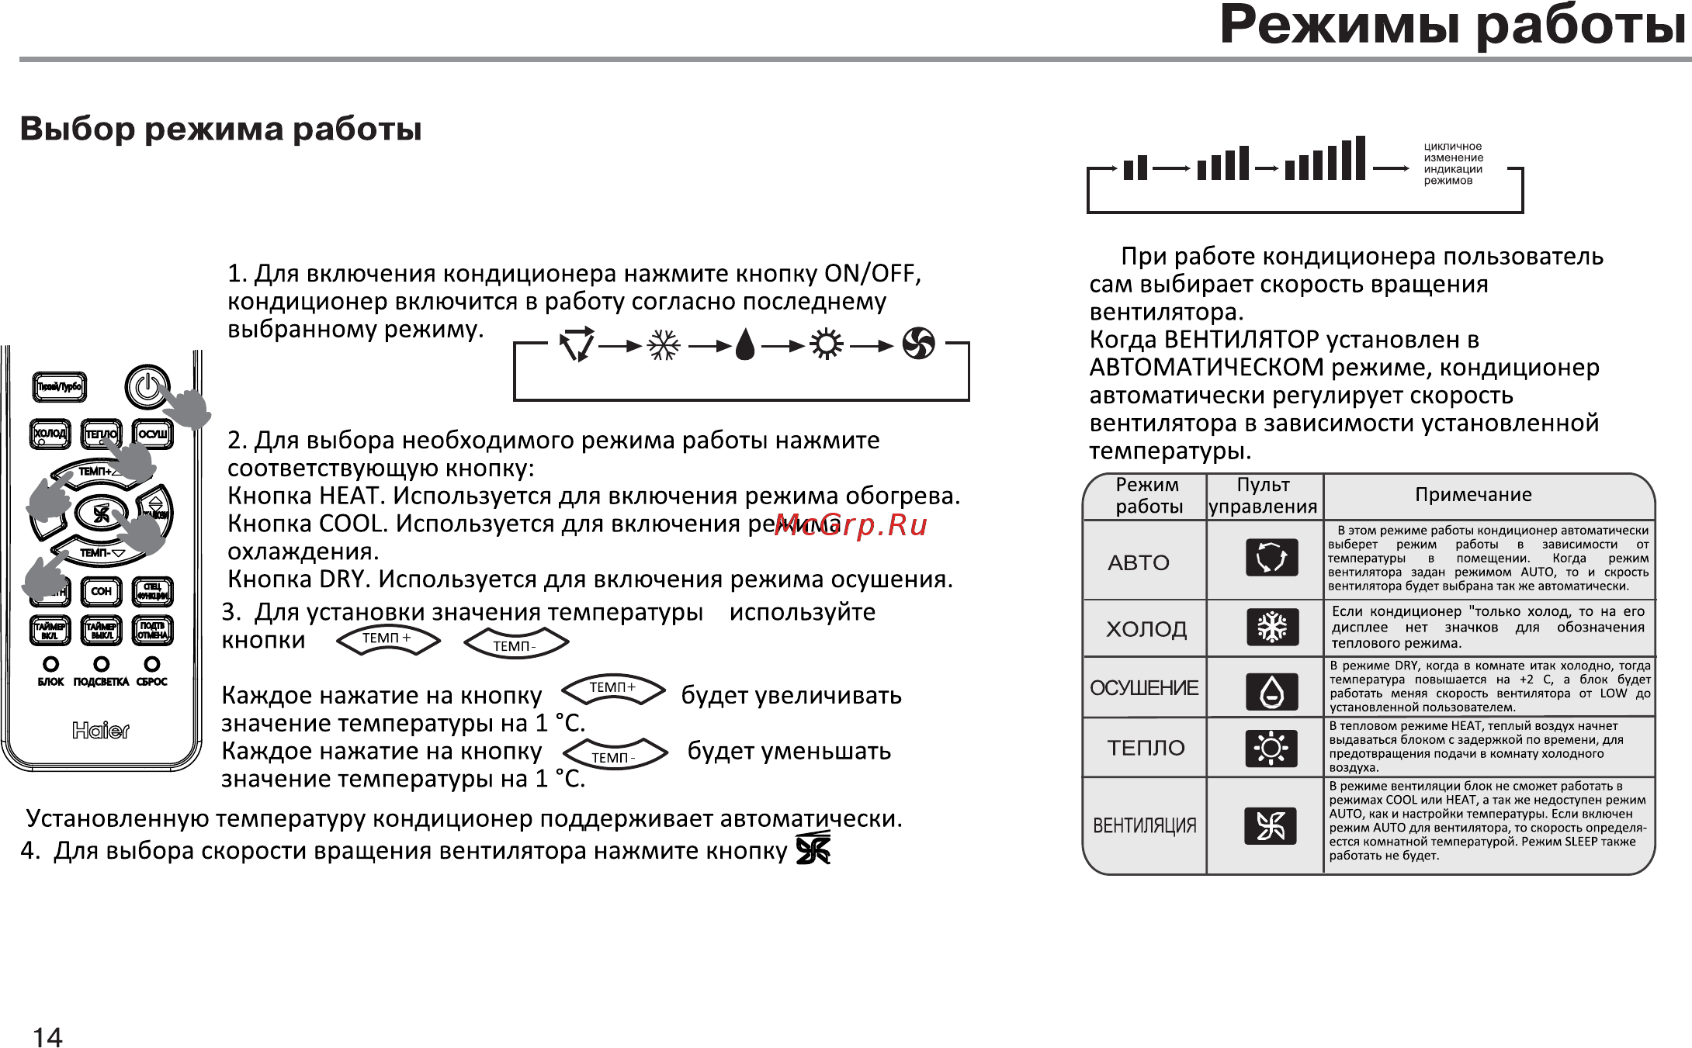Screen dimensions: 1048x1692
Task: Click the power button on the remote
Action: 147,386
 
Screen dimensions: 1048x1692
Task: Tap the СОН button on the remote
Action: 101,591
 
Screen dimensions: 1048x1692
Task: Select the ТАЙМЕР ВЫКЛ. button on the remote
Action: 101,630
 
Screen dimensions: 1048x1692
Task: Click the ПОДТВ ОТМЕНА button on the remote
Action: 152,630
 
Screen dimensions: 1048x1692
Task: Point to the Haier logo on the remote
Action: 101,730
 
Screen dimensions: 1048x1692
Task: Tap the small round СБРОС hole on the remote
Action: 152,664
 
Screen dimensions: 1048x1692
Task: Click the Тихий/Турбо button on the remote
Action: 60,386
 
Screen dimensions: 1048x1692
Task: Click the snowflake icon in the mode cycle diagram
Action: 664,345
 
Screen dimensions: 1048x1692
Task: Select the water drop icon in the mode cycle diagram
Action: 745,345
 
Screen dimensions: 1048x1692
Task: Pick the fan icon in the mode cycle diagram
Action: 918,344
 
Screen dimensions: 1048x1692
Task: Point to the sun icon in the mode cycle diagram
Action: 827,344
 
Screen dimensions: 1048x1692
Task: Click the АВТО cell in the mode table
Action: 1139,562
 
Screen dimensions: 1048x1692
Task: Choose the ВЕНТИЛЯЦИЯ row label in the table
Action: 1144,825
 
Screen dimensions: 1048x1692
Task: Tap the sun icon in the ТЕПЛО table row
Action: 1271,749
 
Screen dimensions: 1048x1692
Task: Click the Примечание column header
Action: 1473,495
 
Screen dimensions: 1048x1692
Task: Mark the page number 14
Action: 47,1037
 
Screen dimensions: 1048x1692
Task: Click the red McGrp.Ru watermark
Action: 851,525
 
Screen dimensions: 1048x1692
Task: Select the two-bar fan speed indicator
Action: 1136,167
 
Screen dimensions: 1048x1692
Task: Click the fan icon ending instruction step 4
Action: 813,849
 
